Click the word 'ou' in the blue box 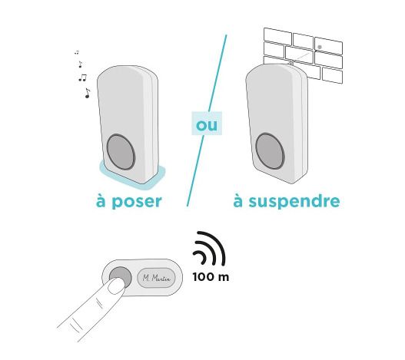(207, 125)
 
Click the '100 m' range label (211, 277)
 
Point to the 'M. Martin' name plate (156, 278)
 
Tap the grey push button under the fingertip (121, 276)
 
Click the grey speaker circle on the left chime (121, 152)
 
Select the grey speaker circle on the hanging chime (271, 151)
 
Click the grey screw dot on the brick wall (320, 47)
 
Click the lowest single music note (88, 93)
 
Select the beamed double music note (83, 78)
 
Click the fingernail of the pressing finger (116, 286)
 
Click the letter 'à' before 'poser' (101, 201)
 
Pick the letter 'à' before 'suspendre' (238, 201)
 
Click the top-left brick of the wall (277, 36)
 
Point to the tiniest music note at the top (77, 53)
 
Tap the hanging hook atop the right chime (291, 62)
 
